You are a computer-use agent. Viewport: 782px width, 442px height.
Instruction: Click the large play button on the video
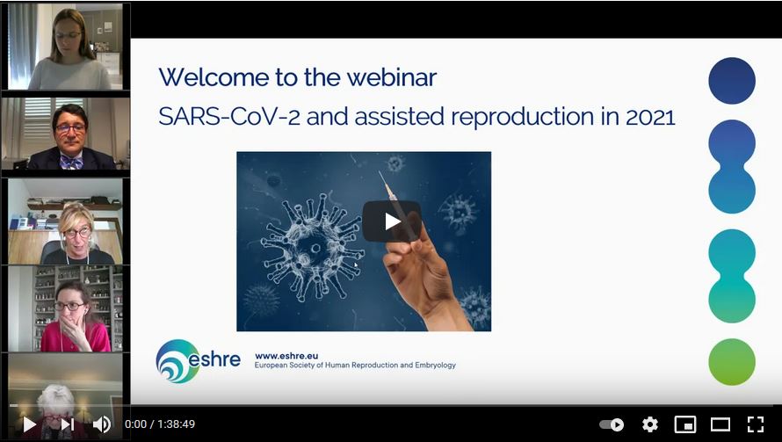click(x=392, y=221)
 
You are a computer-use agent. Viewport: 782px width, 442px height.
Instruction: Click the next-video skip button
click(x=67, y=424)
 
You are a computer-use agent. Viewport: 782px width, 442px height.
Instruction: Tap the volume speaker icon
click(x=102, y=424)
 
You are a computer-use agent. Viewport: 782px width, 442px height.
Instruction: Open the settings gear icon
click(x=650, y=424)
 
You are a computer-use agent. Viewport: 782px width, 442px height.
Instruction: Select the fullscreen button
click(x=755, y=424)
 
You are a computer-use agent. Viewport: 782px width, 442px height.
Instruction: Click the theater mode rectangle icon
click(x=720, y=424)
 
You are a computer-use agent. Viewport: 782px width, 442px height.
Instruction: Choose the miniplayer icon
click(x=685, y=424)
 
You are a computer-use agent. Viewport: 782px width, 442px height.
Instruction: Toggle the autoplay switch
click(x=612, y=424)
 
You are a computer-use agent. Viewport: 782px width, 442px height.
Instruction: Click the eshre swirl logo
click(x=177, y=361)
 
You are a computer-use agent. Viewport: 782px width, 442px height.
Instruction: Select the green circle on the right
click(x=732, y=361)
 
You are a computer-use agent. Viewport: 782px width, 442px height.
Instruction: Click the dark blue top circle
click(x=732, y=81)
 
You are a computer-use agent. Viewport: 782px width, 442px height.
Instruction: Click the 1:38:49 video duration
click(x=175, y=424)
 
